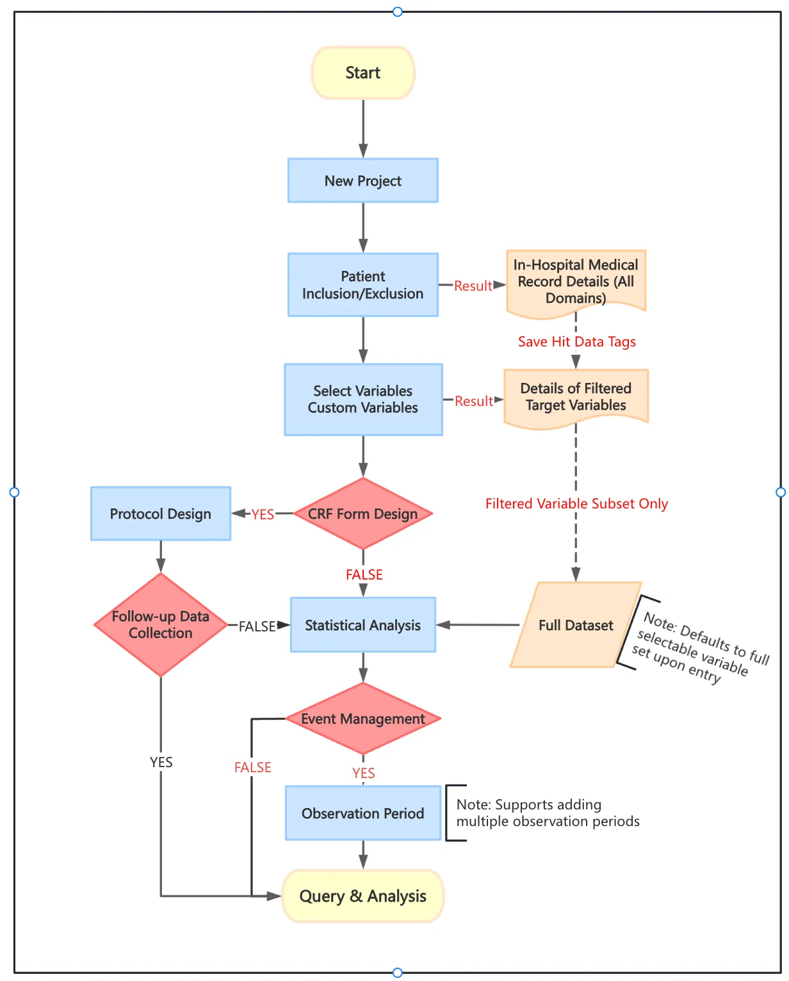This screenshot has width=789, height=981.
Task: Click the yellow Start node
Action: [363, 73]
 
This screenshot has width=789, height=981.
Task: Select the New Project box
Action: [363, 181]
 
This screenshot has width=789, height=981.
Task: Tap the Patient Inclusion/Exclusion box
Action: [363, 285]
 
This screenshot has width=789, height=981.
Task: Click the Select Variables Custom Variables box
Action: [363, 400]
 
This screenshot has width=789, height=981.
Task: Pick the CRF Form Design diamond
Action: [363, 514]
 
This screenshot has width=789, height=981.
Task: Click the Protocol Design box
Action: [161, 514]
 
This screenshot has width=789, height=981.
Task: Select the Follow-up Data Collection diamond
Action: [161, 624]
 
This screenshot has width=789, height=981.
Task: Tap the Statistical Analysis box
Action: [363, 625]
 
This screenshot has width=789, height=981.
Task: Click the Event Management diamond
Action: [363, 718]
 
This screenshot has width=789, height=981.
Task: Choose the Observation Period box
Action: [363, 813]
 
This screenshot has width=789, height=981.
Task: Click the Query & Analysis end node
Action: [363, 896]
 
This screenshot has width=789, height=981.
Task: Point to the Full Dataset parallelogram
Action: [576, 625]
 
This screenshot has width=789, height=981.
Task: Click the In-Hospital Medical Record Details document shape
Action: [576, 282]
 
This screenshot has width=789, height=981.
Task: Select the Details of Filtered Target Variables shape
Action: [576, 397]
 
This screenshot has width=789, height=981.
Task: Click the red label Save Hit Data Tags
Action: [576, 342]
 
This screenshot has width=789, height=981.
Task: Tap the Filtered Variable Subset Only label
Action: [576, 504]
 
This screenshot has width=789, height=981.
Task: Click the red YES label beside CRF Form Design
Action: [263, 514]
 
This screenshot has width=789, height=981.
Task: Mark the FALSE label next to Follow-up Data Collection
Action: [257, 626]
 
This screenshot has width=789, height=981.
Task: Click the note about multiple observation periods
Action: [548, 813]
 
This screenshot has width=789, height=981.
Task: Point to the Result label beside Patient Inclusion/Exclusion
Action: [473, 286]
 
